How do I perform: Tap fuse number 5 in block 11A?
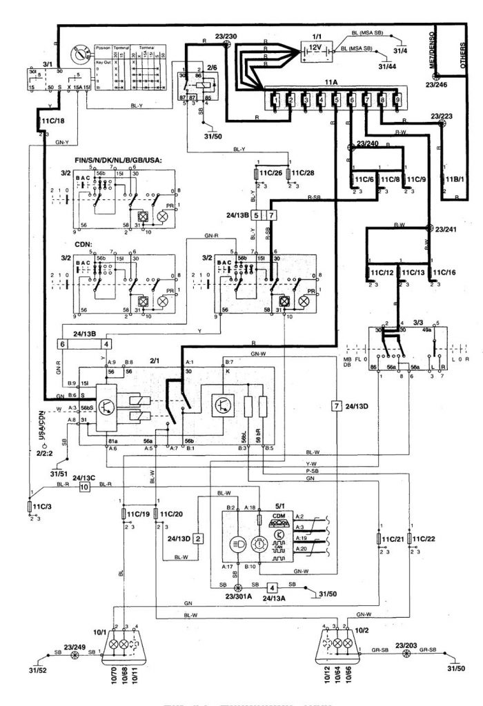pyautogui.click(x=335, y=101)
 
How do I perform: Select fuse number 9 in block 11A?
pyautogui.click(x=397, y=101)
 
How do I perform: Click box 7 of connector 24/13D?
pyautogui.click(x=337, y=405)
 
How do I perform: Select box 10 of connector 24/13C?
pyautogui.click(x=85, y=487)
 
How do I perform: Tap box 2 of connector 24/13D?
pyautogui.click(x=198, y=538)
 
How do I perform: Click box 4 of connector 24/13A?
pyautogui.click(x=273, y=588)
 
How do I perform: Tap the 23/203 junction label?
pyautogui.click(x=404, y=647)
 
